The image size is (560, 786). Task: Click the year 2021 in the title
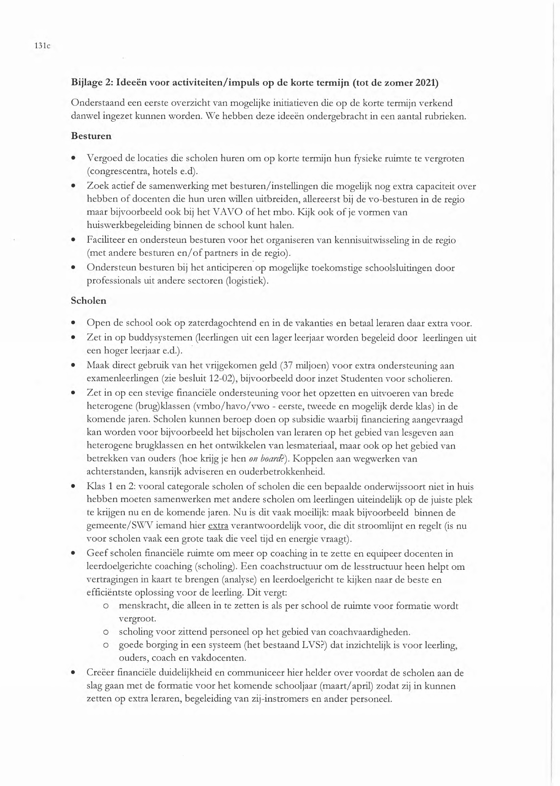tap(426, 83)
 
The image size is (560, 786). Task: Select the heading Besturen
tap(91, 135)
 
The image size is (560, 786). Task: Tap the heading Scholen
tap(89, 301)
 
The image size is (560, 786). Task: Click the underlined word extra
tap(218, 526)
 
